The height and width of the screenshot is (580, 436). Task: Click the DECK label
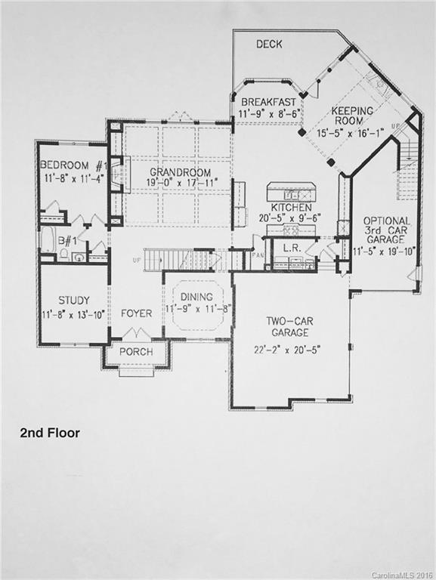click(x=269, y=45)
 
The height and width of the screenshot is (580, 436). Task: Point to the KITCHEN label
click(x=290, y=206)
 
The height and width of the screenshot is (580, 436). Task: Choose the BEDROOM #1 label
click(x=73, y=166)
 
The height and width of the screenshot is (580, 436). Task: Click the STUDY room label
click(x=73, y=299)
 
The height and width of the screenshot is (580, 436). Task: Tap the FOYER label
click(x=136, y=313)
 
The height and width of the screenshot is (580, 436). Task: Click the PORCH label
click(x=136, y=352)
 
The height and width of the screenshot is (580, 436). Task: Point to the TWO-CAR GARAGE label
click(x=291, y=326)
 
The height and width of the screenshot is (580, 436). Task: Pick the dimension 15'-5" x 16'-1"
click(x=353, y=133)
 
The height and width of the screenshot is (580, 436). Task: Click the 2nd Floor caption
click(x=49, y=433)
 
